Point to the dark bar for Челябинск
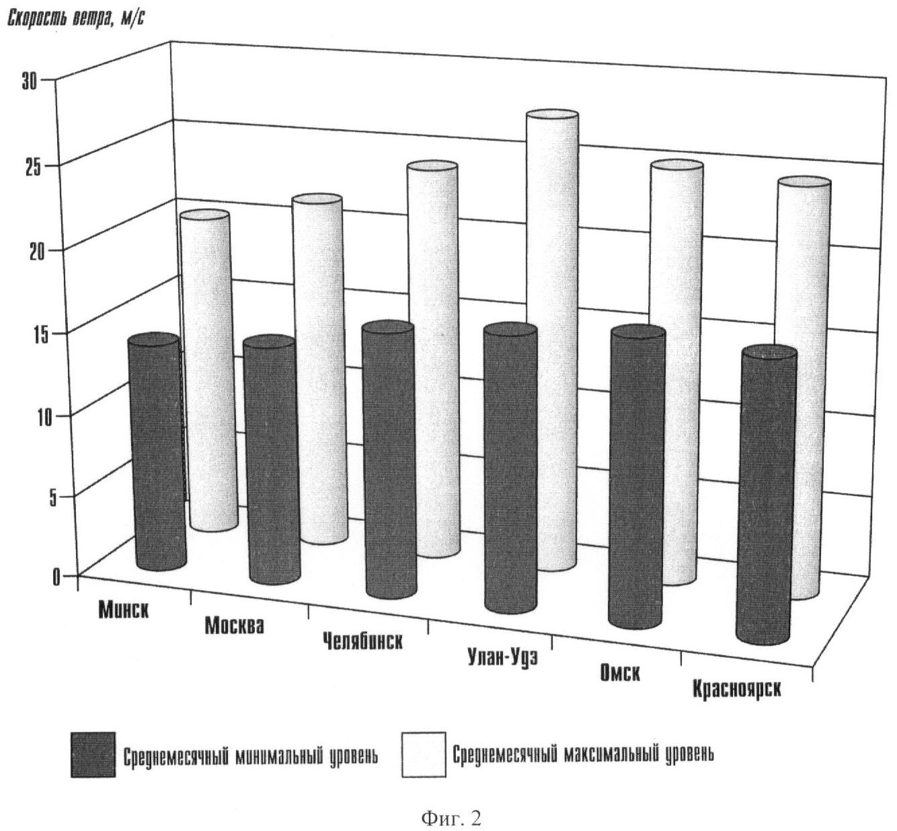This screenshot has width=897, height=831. [x=389, y=461]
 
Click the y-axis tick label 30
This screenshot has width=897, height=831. [x=30, y=81]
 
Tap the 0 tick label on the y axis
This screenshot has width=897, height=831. [x=57, y=577]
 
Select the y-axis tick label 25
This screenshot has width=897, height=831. [x=33, y=166]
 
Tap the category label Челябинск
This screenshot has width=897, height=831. [x=362, y=640]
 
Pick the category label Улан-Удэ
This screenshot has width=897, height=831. [x=502, y=656]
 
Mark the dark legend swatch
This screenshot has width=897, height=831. [x=92, y=754]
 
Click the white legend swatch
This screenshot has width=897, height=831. [x=424, y=754]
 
